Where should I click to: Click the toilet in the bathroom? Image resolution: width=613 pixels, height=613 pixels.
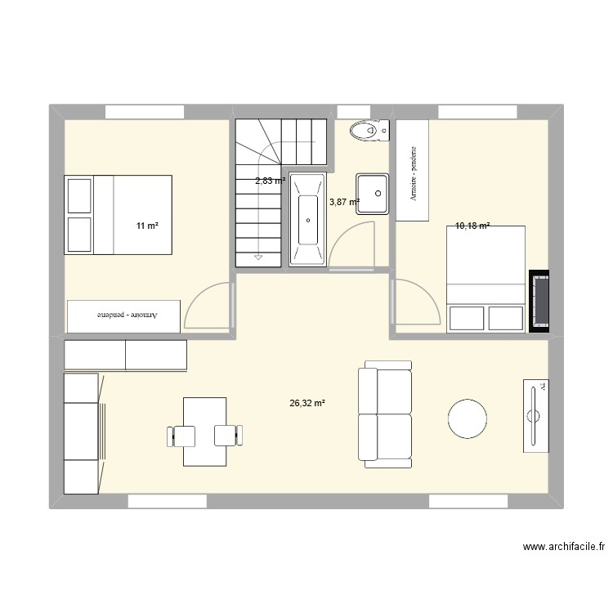click(368, 130)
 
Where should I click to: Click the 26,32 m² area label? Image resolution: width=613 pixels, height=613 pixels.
click(307, 403)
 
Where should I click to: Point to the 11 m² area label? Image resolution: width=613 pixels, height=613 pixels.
click(147, 226)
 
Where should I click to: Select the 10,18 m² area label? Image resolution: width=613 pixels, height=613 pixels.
click(473, 226)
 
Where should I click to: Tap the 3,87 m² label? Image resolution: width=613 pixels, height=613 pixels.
click(344, 201)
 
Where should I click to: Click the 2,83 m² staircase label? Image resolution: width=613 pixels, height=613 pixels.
click(270, 181)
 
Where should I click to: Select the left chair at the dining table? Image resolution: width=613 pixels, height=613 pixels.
click(181, 436)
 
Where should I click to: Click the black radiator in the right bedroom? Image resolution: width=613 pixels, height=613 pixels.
click(539, 302)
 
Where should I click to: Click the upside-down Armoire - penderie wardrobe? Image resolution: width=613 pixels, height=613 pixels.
click(123, 315)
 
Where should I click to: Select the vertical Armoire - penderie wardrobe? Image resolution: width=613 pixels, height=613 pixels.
click(412, 171)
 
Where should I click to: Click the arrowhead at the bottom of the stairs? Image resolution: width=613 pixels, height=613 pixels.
click(258, 258)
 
